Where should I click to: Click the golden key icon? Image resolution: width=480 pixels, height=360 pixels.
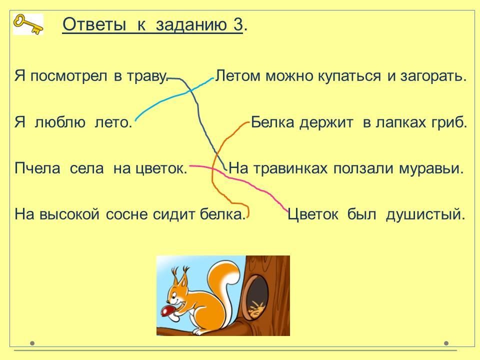(28, 24)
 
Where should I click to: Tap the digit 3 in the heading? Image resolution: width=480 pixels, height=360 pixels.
(237, 24)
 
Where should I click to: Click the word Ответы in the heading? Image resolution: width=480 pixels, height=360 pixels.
(94, 24)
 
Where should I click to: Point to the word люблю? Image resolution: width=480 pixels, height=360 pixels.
(60, 122)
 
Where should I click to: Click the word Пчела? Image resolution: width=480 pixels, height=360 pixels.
(37, 168)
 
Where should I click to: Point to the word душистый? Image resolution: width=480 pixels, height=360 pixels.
(425, 214)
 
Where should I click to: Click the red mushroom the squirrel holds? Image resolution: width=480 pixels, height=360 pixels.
(168, 311)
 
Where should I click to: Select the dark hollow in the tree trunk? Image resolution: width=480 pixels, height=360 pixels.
(256, 295)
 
